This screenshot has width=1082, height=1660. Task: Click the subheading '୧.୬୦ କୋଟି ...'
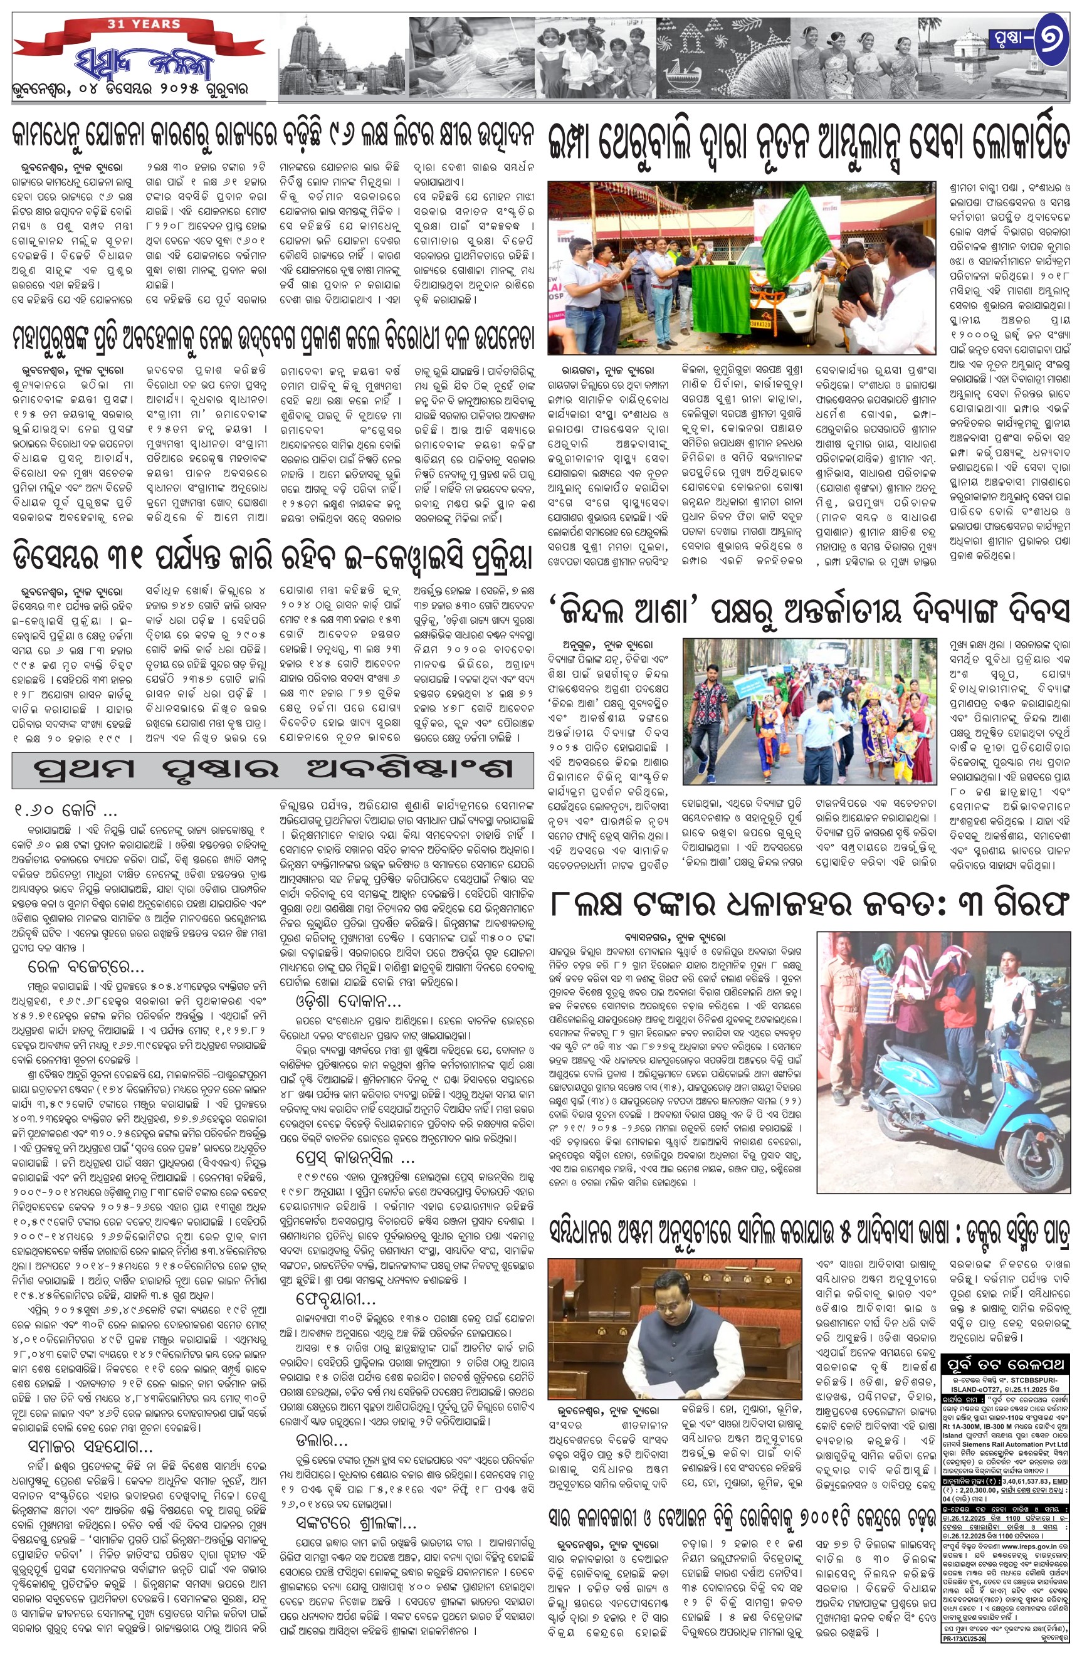66,812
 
